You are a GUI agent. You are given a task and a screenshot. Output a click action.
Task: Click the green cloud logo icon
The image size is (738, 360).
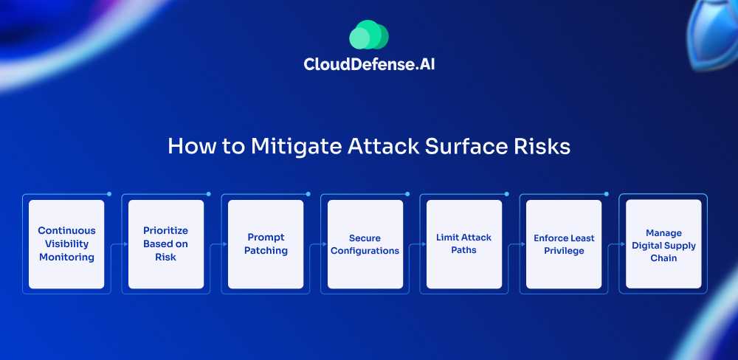(x=369, y=35)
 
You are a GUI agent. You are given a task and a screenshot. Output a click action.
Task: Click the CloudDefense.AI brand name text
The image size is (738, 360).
(x=369, y=64)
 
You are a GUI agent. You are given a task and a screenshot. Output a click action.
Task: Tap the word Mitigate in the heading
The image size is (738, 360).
(x=296, y=146)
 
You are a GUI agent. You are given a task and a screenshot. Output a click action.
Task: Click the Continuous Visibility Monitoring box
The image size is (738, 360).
(x=66, y=244)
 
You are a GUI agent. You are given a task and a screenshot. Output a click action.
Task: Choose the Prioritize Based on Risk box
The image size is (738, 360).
(x=165, y=244)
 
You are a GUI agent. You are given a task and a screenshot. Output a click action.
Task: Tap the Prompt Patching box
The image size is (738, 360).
(x=266, y=244)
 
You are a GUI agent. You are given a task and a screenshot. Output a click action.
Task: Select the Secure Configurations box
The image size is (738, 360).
(x=365, y=244)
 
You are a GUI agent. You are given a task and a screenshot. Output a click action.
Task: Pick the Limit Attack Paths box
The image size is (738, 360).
(x=464, y=244)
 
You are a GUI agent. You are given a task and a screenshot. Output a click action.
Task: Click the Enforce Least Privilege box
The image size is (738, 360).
(x=564, y=244)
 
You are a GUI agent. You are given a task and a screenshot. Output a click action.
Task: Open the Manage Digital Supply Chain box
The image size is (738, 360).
(x=663, y=244)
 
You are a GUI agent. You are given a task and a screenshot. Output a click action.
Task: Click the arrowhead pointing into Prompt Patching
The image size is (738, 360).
(x=225, y=244)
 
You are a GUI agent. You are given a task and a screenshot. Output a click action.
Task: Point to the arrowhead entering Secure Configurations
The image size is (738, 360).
(x=324, y=244)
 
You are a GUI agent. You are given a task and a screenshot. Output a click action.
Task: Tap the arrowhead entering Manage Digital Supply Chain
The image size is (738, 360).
(x=623, y=244)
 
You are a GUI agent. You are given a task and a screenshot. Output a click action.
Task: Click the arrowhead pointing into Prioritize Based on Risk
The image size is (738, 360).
(x=125, y=244)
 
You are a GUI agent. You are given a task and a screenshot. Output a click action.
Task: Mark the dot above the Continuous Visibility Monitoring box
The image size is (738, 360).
(x=109, y=194)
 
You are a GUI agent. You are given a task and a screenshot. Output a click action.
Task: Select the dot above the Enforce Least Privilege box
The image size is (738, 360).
(x=606, y=194)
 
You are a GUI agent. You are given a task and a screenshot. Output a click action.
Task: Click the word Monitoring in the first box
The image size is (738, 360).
(x=66, y=257)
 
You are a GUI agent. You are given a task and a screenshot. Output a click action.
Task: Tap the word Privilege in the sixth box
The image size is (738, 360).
(x=564, y=251)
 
